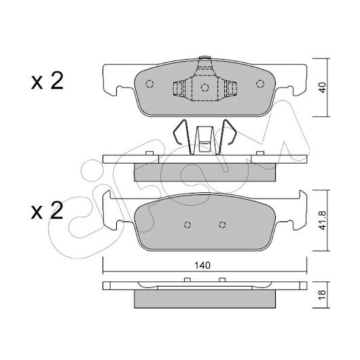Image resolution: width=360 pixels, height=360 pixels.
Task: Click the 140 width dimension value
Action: tap(202, 266)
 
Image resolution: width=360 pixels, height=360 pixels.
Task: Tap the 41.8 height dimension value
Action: tap(323, 220)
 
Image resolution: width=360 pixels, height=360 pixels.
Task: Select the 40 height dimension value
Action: tap(323, 87)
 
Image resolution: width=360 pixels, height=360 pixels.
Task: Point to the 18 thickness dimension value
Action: tap(323, 295)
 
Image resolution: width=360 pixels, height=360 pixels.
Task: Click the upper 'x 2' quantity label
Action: tap(47, 81)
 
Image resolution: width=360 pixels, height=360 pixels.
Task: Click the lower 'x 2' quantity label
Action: tap(47, 210)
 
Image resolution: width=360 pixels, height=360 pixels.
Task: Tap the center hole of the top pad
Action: tap(205, 88)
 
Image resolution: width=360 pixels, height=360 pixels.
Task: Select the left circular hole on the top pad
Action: tap(149, 84)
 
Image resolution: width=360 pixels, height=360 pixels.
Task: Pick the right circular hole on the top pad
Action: tap(260, 84)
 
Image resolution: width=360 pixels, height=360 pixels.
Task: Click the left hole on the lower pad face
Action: tap(187, 225)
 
